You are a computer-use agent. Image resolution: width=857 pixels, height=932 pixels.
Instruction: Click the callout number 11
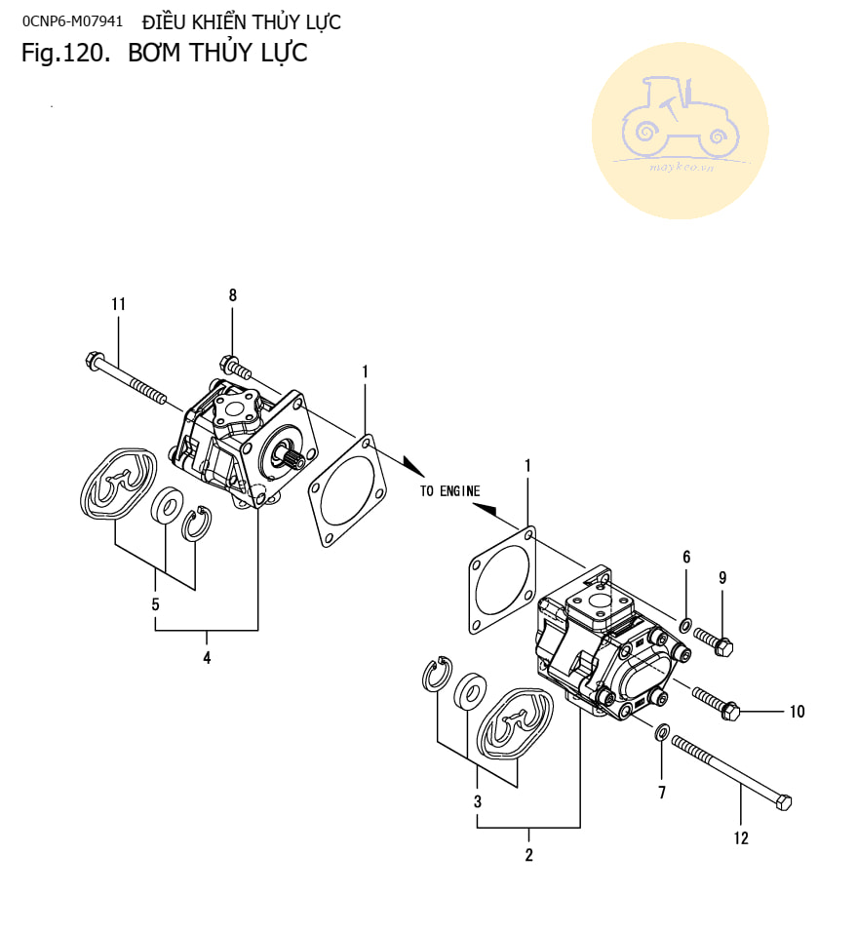(118, 304)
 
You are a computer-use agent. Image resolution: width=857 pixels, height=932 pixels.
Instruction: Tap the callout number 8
(232, 294)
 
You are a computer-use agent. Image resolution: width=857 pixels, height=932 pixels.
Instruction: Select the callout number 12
(741, 837)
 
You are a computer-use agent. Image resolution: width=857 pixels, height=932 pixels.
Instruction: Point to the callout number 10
(797, 712)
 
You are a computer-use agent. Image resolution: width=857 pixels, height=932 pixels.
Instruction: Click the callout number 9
(722, 577)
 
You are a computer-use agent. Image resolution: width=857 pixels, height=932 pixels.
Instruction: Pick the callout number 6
(686, 557)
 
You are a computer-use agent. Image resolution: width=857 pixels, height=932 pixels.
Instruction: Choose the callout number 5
(155, 604)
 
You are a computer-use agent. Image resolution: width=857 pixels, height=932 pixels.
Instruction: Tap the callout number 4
(207, 658)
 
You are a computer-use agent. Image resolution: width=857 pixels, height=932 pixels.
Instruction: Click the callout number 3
(478, 802)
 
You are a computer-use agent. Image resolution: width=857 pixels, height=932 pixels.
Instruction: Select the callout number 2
(528, 856)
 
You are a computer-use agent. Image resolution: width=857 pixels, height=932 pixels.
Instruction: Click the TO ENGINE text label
(449, 491)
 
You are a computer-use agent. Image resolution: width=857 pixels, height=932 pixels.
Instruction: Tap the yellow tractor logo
(680, 130)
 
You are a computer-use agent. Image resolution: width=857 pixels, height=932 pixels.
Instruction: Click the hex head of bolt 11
(95, 360)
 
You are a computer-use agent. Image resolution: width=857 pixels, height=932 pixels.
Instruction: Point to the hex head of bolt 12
(782, 802)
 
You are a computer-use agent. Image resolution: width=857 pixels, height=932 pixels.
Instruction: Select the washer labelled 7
(662, 731)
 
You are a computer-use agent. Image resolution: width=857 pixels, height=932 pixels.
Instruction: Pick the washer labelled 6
(686, 624)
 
